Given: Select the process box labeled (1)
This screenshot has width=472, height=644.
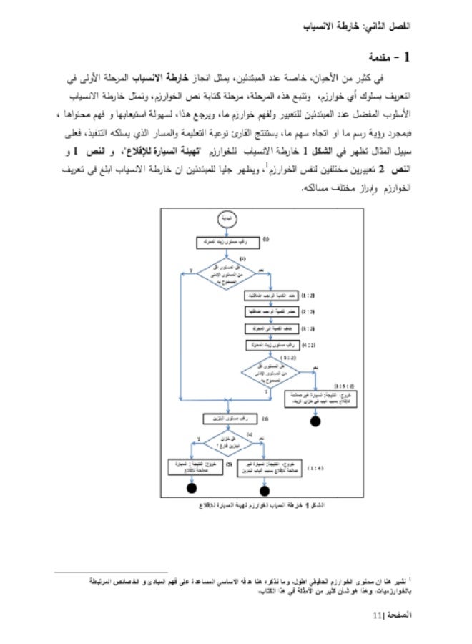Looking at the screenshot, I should click(x=221, y=243).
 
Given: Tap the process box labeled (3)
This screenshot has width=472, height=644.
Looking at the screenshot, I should click(x=220, y=418).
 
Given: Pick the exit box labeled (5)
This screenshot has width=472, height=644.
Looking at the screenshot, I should click(x=191, y=467).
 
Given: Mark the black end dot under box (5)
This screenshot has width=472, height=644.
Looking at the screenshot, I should click(x=191, y=489).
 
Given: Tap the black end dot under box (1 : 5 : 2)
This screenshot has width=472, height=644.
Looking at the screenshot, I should click(x=314, y=421).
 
